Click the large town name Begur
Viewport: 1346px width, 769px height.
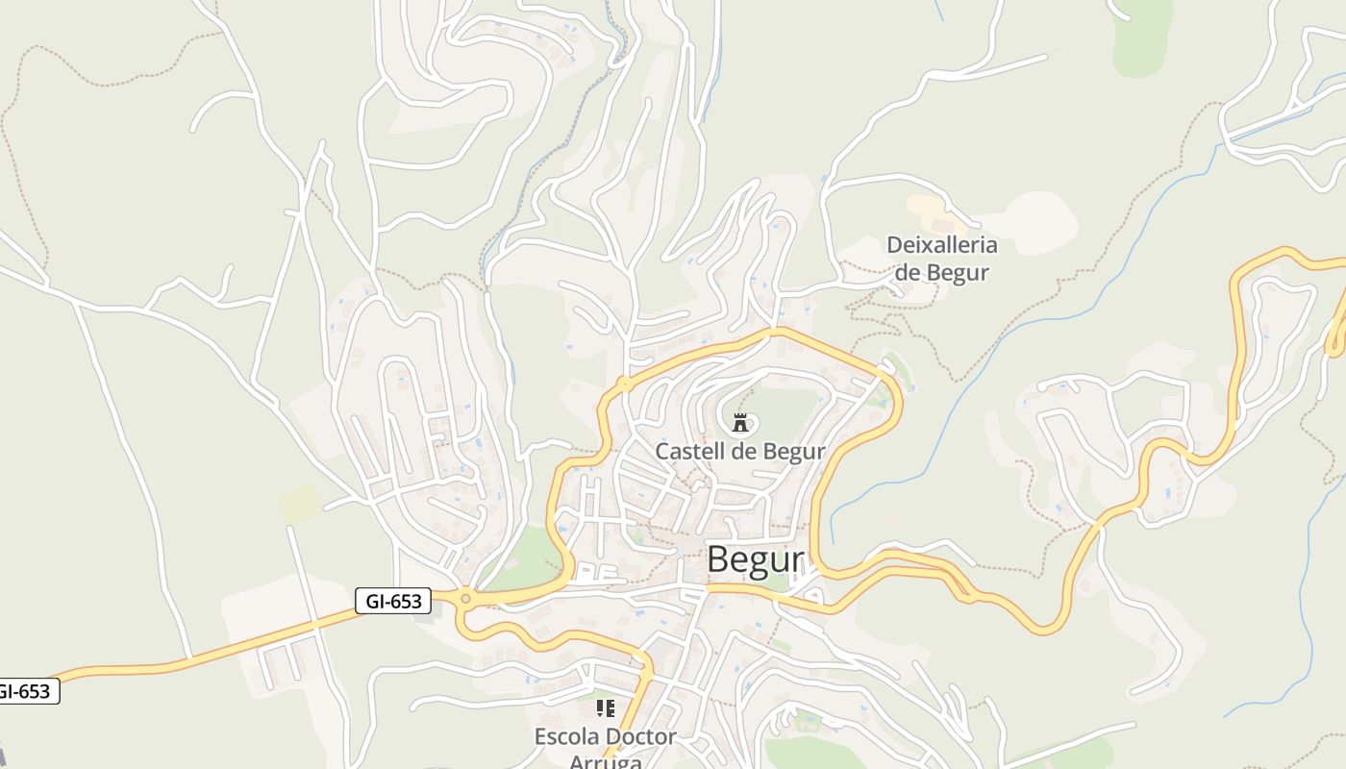[755, 559]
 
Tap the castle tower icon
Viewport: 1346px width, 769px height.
[739, 421]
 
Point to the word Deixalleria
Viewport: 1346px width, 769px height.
[941, 245]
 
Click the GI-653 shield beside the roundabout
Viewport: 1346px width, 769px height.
[394, 602]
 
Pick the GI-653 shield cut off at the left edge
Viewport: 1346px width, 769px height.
[26, 691]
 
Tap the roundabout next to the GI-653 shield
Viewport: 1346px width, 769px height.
[466, 599]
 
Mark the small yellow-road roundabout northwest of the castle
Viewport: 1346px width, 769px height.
[624, 384]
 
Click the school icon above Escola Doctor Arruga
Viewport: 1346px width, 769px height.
[605, 708]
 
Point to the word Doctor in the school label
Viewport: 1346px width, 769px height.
[640, 737]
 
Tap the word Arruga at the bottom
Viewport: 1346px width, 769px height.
[605, 761]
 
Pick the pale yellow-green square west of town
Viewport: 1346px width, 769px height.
[300, 504]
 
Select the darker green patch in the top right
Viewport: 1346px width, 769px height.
[1144, 38]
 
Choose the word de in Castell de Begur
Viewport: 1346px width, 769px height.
[742, 451]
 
